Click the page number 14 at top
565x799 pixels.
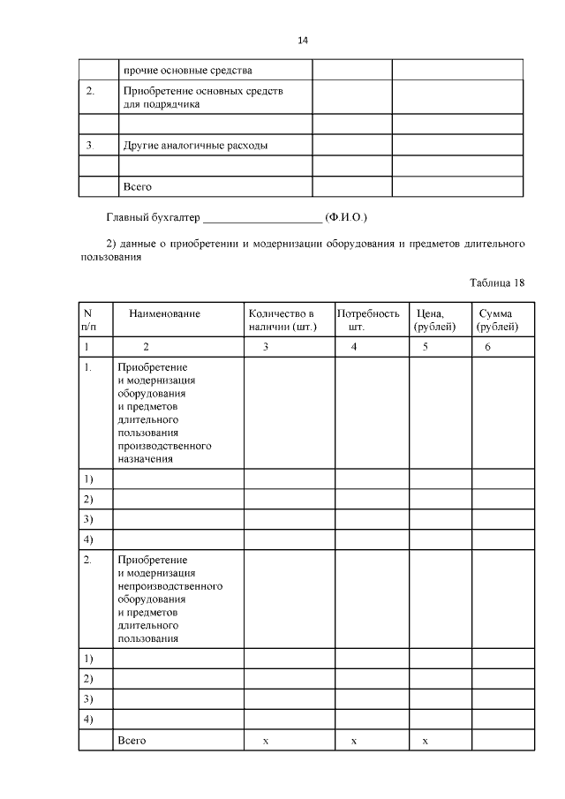[x=302, y=41]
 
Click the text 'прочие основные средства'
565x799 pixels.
[x=188, y=70]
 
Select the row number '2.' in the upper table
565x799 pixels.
[x=89, y=91]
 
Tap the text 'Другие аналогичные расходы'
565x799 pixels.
[x=195, y=145]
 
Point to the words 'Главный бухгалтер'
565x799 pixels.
[x=153, y=216]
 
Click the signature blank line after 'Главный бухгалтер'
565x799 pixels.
[x=263, y=218]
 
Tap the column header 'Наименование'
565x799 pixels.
[x=165, y=313]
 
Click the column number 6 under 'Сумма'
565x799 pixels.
[x=487, y=347]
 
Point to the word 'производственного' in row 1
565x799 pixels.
[x=164, y=446]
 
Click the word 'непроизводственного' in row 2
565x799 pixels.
[x=169, y=585]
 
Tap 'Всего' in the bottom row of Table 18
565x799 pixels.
[x=132, y=740]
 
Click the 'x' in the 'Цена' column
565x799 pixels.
[x=425, y=741]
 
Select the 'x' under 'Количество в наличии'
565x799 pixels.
[x=266, y=741]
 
